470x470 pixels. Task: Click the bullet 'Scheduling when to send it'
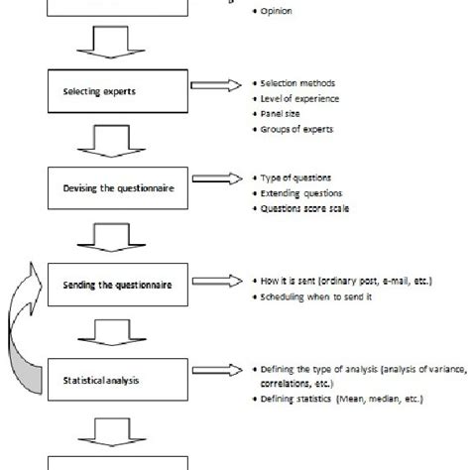(x=313, y=296)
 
